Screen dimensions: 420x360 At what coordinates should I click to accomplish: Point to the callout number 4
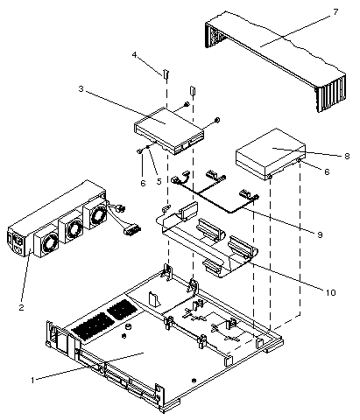click(135, 56)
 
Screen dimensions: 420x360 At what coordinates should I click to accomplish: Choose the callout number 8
click(346, 156)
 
